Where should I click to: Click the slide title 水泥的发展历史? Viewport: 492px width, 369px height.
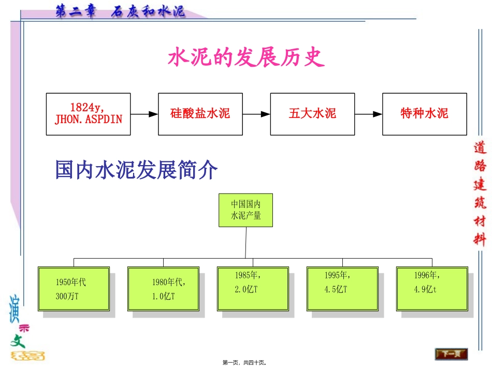pos(246,58)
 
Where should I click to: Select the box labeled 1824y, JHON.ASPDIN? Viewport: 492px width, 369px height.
pos(88,114)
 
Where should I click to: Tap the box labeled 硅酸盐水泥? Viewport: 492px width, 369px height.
pos(200,114)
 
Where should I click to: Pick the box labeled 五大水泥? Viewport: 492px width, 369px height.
pos(312,114)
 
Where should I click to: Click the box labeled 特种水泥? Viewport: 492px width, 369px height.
pos(424,114)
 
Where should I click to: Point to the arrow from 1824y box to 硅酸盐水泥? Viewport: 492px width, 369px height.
pos(144,114)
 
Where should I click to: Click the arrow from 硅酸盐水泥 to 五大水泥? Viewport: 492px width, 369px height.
pos(256,114)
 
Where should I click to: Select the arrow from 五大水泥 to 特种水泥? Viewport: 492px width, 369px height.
pos(368,114)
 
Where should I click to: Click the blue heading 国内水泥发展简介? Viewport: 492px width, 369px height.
pos(137,169)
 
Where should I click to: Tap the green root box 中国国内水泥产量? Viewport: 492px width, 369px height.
pos(245,210)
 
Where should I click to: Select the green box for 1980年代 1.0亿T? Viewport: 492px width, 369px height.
pos(163,289)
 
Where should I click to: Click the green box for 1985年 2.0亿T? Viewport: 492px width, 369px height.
pos(252,289)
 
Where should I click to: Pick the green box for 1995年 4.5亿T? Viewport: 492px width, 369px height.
pos(342,289)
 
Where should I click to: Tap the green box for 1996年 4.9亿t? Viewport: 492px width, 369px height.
pos(431,289)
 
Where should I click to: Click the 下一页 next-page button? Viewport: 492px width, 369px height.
pos(451,354)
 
